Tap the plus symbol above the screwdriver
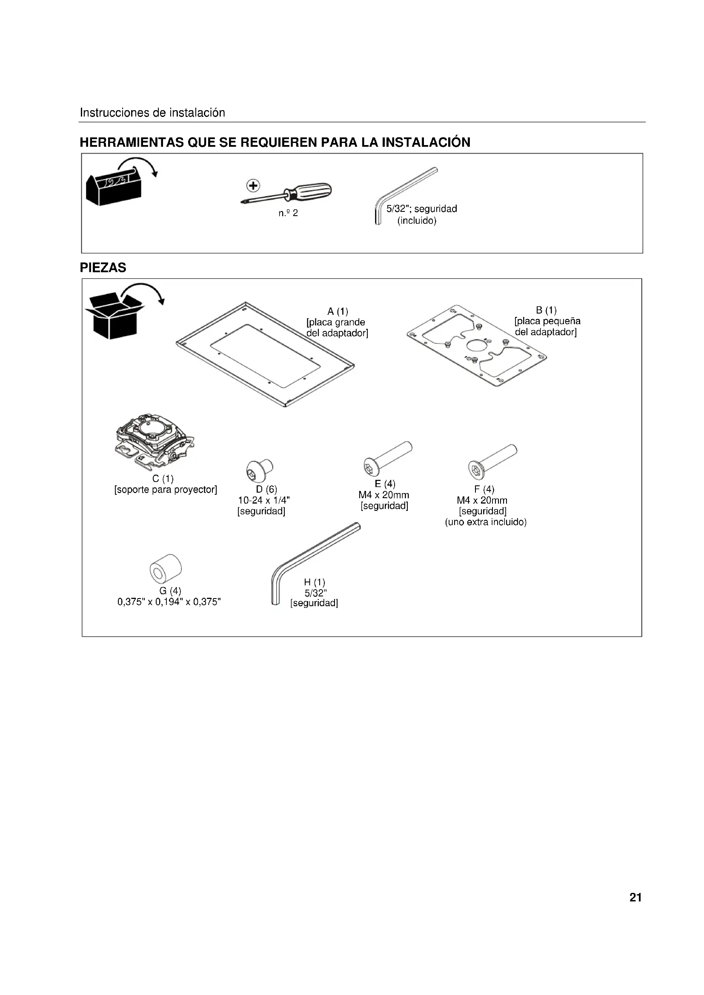(x=253, y=186)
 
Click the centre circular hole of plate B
(x=476, y=347)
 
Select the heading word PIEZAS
(x=103, y=268)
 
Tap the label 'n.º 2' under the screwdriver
(x=288, y=213)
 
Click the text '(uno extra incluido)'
(x=486, y=522)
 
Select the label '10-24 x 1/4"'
(x=264, y=500)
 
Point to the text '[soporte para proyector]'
(x=166, y=490)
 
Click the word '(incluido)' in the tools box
(x=417, y=221)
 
